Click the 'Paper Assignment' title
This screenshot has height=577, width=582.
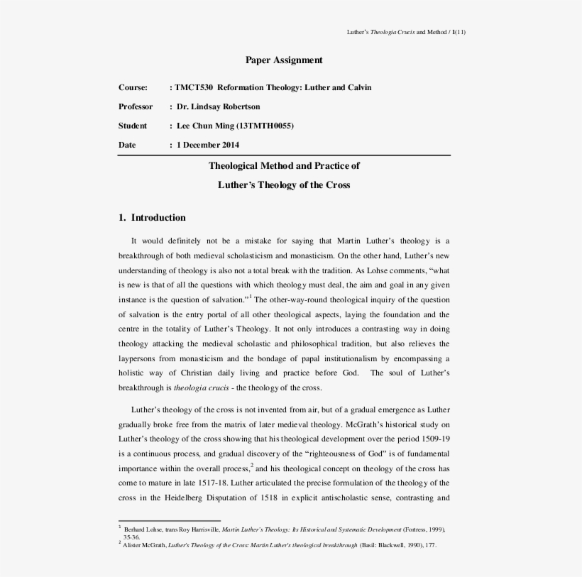tap(284, 60)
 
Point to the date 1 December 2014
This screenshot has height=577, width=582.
tap(208, 145)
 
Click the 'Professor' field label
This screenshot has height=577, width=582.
tap(136, 106)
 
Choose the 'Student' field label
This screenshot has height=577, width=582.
tap(133, 126)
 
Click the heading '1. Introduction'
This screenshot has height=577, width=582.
tap(152, 218)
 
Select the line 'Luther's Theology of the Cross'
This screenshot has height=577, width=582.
tap(284, 185)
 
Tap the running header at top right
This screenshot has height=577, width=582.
tap(406, 32)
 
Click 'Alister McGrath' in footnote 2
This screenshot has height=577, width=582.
tap(144, 545)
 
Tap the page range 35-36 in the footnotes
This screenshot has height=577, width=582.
tap(131, 537)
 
